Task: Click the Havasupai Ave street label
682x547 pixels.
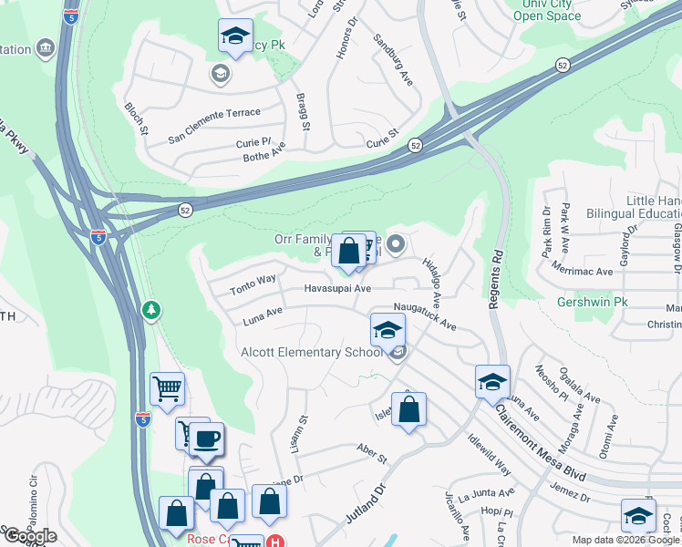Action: click(x=337, y=289)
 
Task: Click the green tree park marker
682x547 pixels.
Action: click(x=151, y=311)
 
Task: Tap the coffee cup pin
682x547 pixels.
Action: click(x=207, y=439)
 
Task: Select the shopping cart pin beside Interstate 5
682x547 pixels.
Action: click(x=167, y=389)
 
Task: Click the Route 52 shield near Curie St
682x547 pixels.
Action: click(x=415, y=146)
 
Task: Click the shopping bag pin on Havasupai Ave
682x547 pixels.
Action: click(x=349, y=250)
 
